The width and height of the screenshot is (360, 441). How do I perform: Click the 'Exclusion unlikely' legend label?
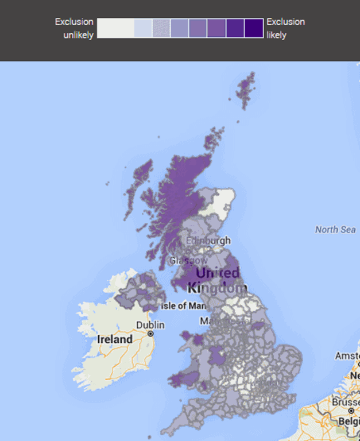[74, 28]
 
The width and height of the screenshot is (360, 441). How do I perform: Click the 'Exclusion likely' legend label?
[285, 28]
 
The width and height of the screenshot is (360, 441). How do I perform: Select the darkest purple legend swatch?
[254, 28]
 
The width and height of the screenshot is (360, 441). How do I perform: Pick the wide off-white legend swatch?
[115, 28]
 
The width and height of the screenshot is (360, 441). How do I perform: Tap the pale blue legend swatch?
[143, 28]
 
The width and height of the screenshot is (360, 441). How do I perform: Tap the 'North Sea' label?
[335, 230]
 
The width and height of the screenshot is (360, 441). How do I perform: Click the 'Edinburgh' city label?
[208, 241]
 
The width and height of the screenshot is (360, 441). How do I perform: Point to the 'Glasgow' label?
[188, 260]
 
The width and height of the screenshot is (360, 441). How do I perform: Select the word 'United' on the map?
[217, 273]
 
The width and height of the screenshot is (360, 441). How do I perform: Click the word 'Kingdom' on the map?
[216, 288]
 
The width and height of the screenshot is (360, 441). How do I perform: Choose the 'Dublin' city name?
[150, 325]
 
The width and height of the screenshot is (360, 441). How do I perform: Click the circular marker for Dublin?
[150, 334]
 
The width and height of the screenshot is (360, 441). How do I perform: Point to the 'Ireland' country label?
[115, 339]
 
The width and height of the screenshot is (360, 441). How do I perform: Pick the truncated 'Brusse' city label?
[344, 403]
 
